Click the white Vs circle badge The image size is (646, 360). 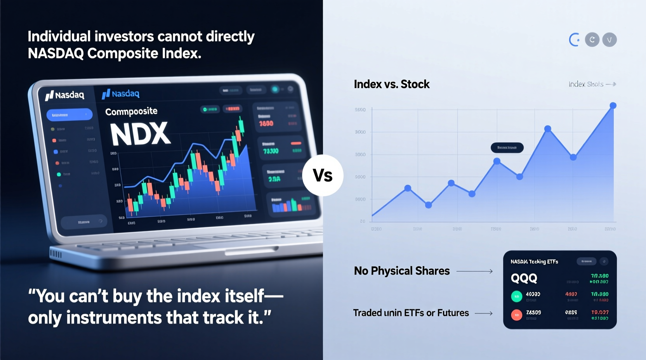click(x=323, y=175)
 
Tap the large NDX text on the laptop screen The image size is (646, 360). click(x=140, y=134)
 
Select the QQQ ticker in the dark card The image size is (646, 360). click(x=524, y=278)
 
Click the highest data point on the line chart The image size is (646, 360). click(x=613, y=106)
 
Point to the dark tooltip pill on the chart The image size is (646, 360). click(x=507, y=148)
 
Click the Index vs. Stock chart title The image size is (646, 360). click(x=391, y=84)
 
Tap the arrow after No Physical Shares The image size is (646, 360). click(x=474, y=272)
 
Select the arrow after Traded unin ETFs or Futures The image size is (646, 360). click(x=483, y=313)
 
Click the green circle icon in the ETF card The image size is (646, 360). click(x=516, y=296)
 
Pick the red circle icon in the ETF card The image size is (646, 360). click(x=516, y=315)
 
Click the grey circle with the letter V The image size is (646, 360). click(x=609, y=40)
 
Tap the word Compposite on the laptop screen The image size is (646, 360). click(x=131, y=112)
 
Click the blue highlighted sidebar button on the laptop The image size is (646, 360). click(x=69, y=115)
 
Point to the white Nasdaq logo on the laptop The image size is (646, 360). click(x=65, y=95)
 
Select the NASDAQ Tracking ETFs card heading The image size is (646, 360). click(x=534, y=262)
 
